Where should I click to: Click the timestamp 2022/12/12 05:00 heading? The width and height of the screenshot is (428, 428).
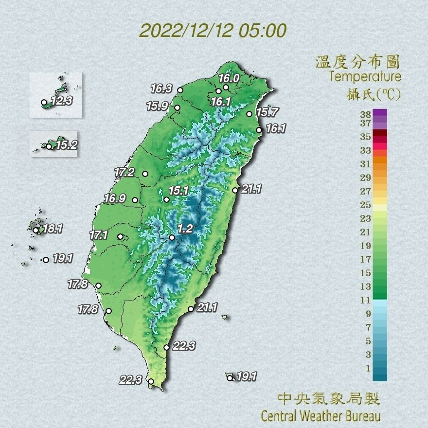[x=213, y=30]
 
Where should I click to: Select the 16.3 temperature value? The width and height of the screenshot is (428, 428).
[x=161, y=89]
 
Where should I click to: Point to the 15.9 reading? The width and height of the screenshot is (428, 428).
[x=157, y=106]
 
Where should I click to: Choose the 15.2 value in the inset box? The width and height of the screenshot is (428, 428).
[x=66, y=145]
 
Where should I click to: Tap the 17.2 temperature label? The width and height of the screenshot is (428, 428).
[x=125, y=172]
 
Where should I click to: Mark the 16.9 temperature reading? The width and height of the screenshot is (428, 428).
[x=115, y=198]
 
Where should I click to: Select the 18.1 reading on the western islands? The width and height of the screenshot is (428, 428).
[x=53, y=228]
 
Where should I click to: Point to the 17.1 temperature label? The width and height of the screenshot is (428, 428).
[x=99, y=235]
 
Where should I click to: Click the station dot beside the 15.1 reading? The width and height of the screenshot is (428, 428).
[x=166, y=199]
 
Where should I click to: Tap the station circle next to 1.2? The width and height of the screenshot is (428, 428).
[x=172, y=238]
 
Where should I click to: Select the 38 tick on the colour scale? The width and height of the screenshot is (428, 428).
[x=365, y=115]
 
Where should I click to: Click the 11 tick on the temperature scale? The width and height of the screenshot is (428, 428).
[x=365, y=300]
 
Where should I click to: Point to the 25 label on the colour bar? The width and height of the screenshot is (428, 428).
[x=365, y=204]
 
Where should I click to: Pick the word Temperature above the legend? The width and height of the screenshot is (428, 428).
[x=365, y=77]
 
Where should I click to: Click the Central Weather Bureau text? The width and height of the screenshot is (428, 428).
[x=321, y=416]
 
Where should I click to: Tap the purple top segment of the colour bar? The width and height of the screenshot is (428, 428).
[x=380, y=113]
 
